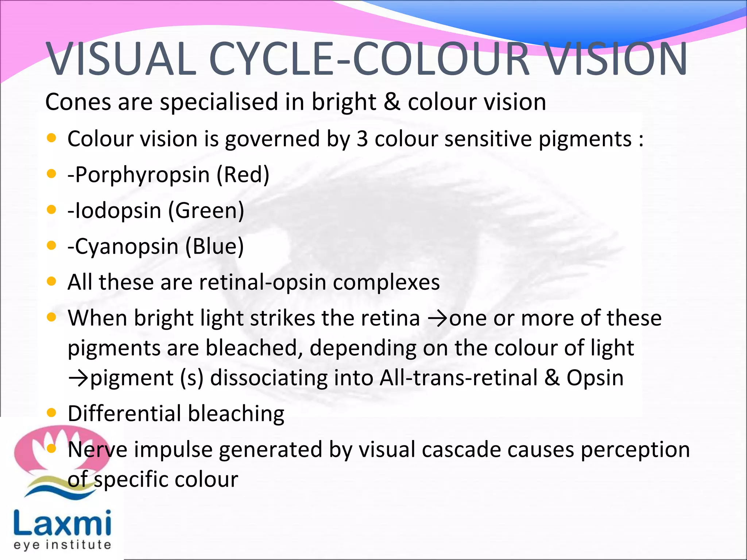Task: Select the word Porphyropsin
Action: tap(142, 175)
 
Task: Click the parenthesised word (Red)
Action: tap(243, 175)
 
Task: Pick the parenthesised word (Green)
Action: tap(206, 211)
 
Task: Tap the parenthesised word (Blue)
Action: tap(214, 246)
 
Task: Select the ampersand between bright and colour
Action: tap(392, 102)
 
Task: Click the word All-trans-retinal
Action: tap(458, 378)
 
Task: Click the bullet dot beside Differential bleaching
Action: tap(52, 413)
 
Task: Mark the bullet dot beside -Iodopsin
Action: tap(52, 210)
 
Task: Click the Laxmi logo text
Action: tap(62, 524)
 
